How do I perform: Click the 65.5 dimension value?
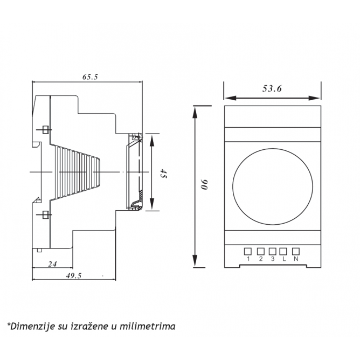[90, 77]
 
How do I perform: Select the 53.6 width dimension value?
[272, 88]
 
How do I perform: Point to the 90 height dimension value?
[204, 184]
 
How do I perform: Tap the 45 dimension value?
[163, 174]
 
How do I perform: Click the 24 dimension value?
[52, 264]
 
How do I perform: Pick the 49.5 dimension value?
[74, 275]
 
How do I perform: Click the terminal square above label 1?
[248, 251]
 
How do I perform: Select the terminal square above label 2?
[261, 251]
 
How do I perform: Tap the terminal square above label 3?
[272, 251]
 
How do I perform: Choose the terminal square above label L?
[283, 251]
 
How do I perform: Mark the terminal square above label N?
[296, 251]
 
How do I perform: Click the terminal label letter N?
[296, 259]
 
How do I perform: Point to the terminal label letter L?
[284, 259]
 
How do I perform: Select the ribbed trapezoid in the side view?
[77, 172]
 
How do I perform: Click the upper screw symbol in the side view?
[45, 130]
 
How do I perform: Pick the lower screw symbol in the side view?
[45, 214]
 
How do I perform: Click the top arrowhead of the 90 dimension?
[195, 113]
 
